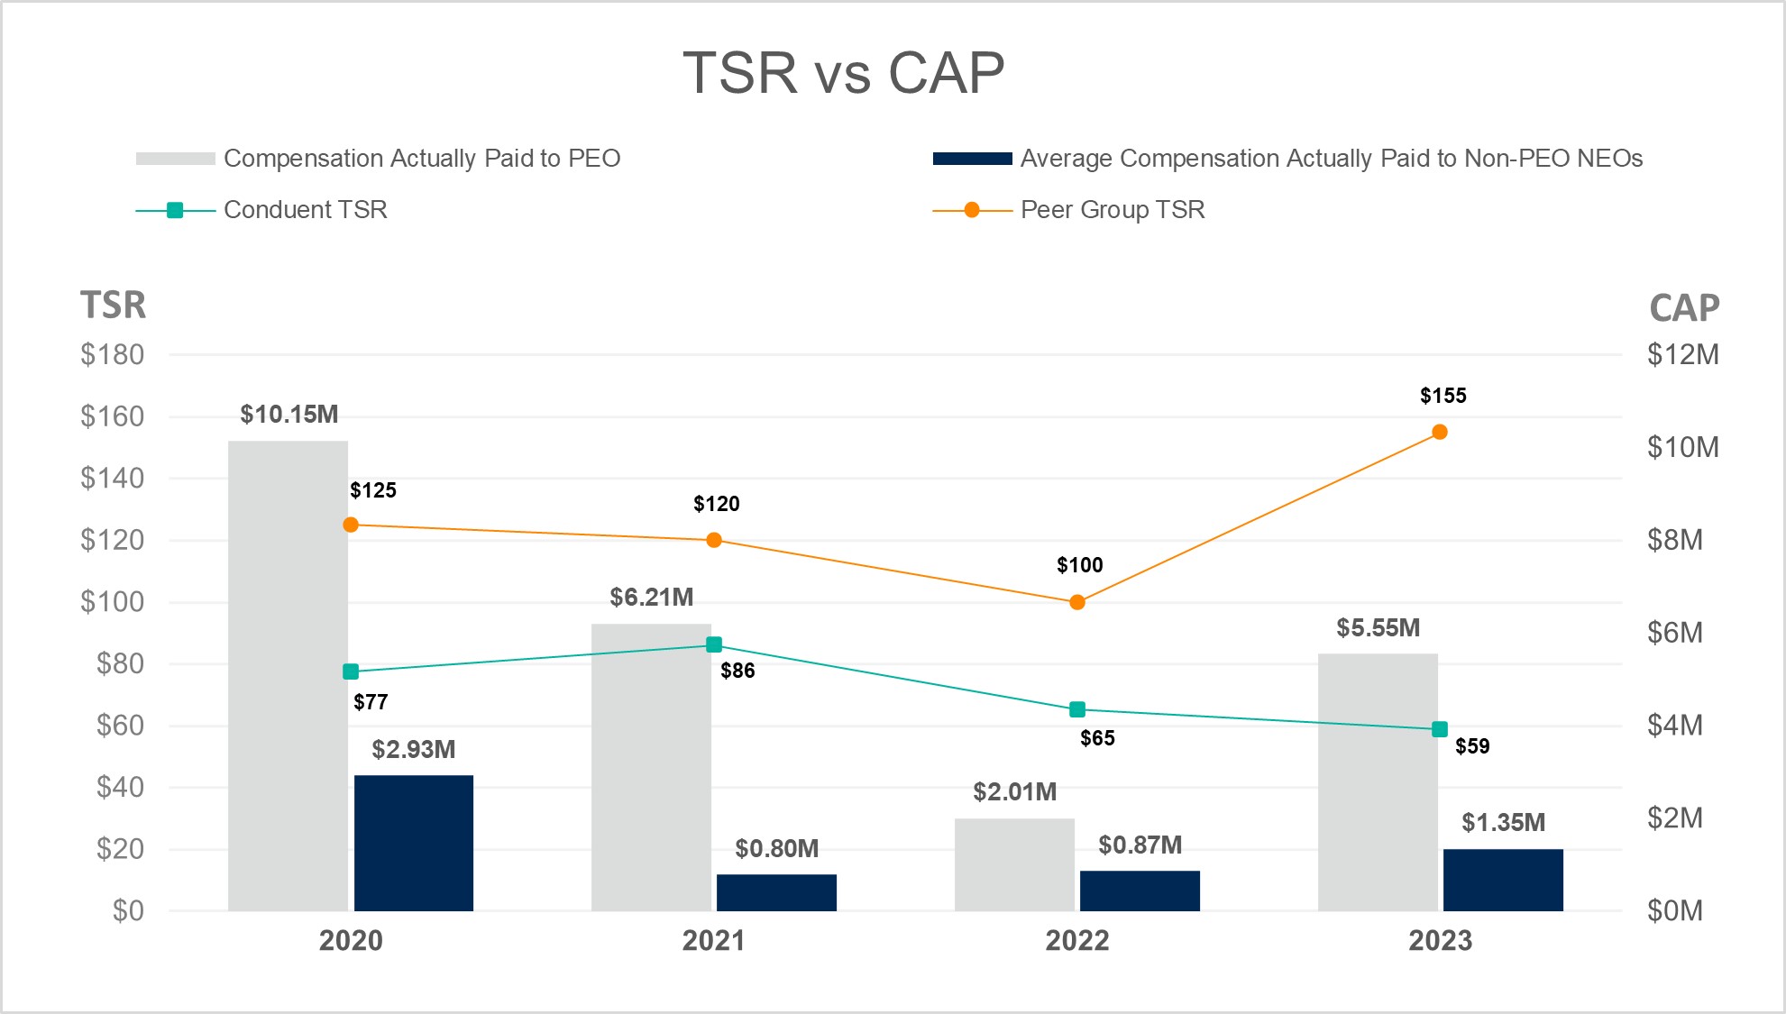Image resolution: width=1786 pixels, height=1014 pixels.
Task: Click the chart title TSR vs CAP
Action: pos(843,73)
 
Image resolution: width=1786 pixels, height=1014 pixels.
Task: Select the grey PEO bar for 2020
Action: pos(288,675)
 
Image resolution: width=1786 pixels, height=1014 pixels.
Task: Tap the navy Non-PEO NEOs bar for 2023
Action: pos(1503,879)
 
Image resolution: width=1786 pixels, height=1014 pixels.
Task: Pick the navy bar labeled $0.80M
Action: pos(776,891)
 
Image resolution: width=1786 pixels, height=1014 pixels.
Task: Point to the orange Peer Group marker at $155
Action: pos(1440,433)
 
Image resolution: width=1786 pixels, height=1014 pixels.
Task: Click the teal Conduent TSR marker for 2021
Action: pos(714,644)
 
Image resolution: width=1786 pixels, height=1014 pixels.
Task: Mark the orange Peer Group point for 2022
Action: pos(1077,602)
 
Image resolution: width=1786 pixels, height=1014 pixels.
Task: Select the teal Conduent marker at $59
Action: pos(1440,729)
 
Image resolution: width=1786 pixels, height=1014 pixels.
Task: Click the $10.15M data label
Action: pos(289,415)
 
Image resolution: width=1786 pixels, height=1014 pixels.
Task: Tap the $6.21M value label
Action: pos(652,598)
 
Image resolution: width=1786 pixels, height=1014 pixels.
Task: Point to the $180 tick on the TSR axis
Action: pos(113,355)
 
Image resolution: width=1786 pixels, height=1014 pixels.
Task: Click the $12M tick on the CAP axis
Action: pos(1682,355)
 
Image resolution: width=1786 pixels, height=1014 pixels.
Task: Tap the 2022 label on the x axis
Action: pos(1077,941)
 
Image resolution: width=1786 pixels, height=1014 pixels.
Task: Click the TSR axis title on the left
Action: pos(113,306)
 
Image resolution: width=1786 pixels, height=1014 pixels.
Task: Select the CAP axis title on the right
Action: pos(1684,308)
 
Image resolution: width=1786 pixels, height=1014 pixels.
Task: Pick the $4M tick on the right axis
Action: pos(1674,726)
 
